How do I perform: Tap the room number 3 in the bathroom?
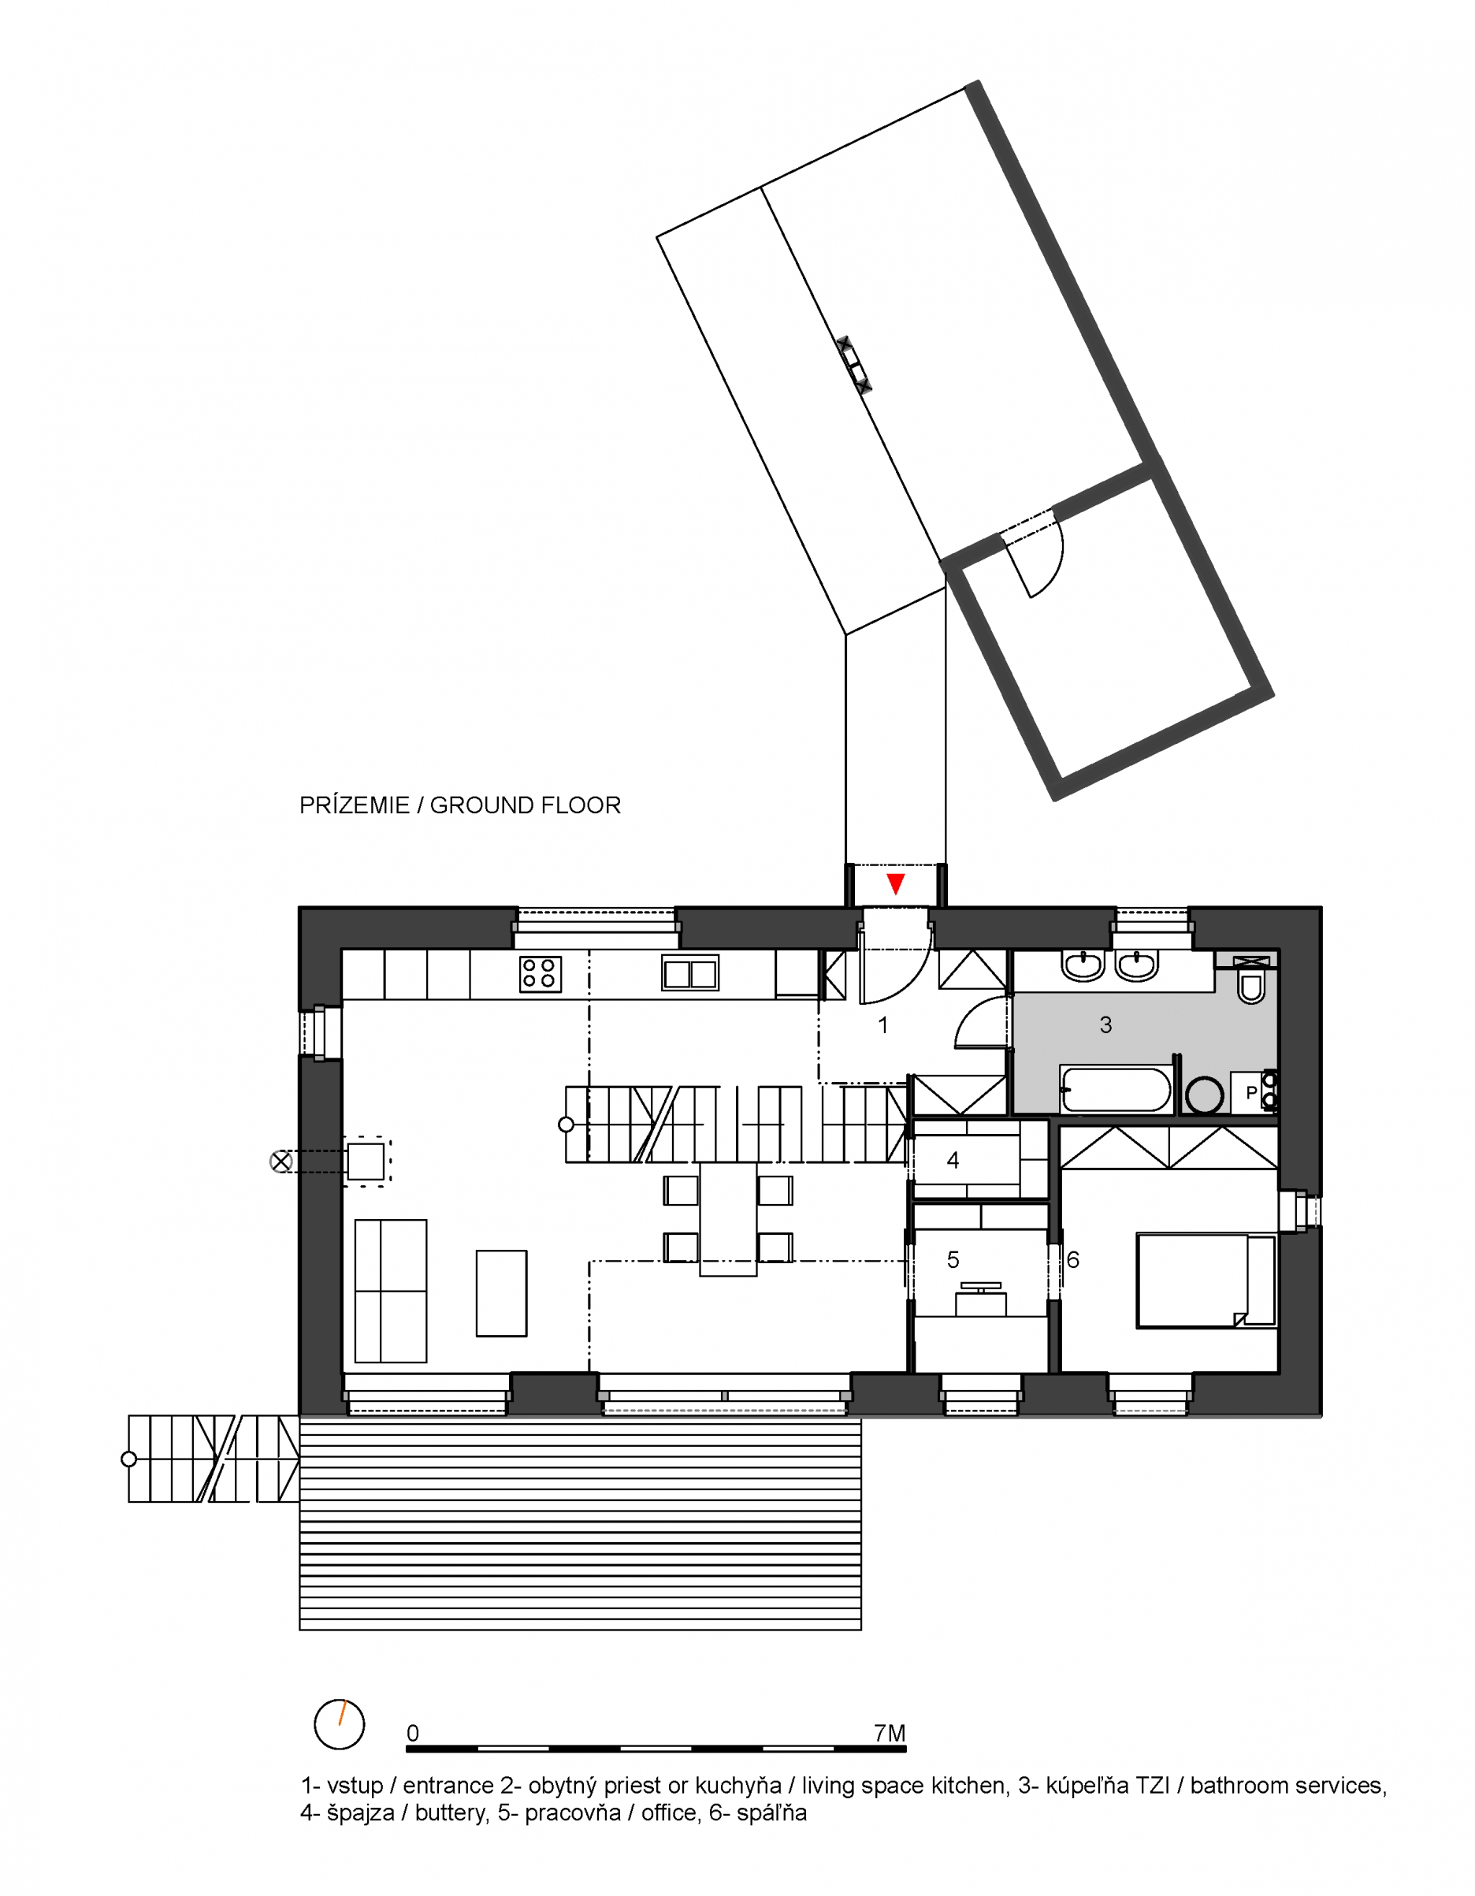point(1105,1025)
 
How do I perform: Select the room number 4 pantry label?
point(953,1161)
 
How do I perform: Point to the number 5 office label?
point(953,1259)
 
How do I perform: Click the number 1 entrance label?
point(883,1025)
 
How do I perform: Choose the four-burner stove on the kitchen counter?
point(540,974)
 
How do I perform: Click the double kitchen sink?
point(690,973)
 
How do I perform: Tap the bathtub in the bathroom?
point(1116,1090)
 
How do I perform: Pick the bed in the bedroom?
point(1206,1281)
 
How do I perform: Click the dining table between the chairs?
point(727,1219)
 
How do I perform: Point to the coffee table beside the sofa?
point(501,1293)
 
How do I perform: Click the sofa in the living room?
point(391,1291)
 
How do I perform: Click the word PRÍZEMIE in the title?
point(355,805)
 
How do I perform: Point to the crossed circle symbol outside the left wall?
point(281,1162)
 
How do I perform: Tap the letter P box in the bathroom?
point(1251,1093)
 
